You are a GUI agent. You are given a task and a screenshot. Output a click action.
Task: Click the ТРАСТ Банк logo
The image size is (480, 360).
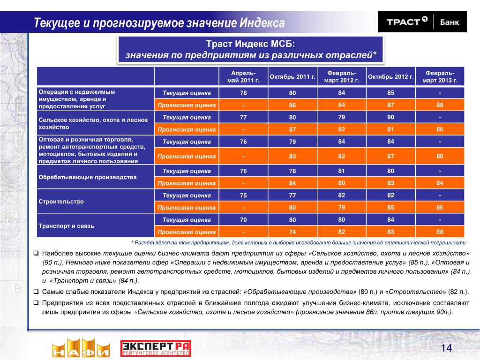[x=422, y=22]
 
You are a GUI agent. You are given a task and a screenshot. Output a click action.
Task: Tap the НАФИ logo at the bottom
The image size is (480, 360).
[x=80, y=347]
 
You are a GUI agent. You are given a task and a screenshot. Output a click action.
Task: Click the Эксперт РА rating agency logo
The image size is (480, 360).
[x=156, y=347]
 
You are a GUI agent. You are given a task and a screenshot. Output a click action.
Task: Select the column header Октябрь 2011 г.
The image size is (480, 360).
[x=292, y=76]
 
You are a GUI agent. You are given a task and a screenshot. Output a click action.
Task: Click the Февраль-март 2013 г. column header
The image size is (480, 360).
[x=439, y=76]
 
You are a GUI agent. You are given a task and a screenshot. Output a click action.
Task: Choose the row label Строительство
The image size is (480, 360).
[x=61, y=202]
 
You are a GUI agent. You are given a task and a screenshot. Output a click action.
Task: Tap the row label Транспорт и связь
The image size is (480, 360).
[x=66, y=226]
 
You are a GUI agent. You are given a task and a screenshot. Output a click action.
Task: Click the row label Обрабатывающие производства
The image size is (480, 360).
[x=88, y=177]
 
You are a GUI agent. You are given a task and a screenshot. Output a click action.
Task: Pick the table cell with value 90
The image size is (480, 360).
[x=390, y=117]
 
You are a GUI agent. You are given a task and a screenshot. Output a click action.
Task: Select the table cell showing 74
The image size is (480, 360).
[x=292, y=232]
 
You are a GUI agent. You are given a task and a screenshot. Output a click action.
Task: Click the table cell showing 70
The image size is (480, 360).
[x=243, y=219]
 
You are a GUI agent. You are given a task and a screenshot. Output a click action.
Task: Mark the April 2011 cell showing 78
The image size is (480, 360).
[x=243, y=93]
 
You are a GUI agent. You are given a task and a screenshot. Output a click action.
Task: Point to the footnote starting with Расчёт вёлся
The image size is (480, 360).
[x=298, y=243]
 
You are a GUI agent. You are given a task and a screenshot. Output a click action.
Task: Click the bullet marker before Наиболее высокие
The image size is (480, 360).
[x=36, y=253]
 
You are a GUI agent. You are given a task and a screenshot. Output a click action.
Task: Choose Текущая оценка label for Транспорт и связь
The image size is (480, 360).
[x=187, y=219]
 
